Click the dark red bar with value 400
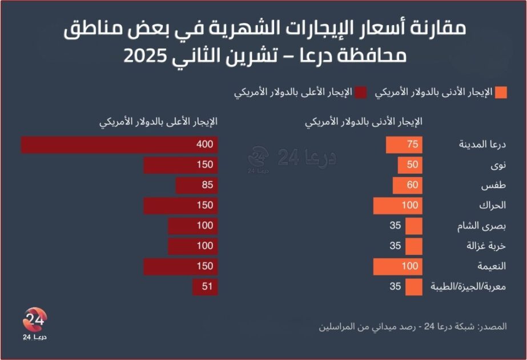tap(119, 145)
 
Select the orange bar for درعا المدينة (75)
tap(404, 145)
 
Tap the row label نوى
tap(497, 166)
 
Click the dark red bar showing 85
tap(196, 186)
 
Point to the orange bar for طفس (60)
tap(408, 186)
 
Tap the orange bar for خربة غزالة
tap(414, 246)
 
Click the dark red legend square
tap(361, 93)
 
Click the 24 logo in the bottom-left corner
tap(35, 323)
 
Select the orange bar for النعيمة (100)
tap(397, 267)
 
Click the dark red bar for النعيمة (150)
tap(180, 267)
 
